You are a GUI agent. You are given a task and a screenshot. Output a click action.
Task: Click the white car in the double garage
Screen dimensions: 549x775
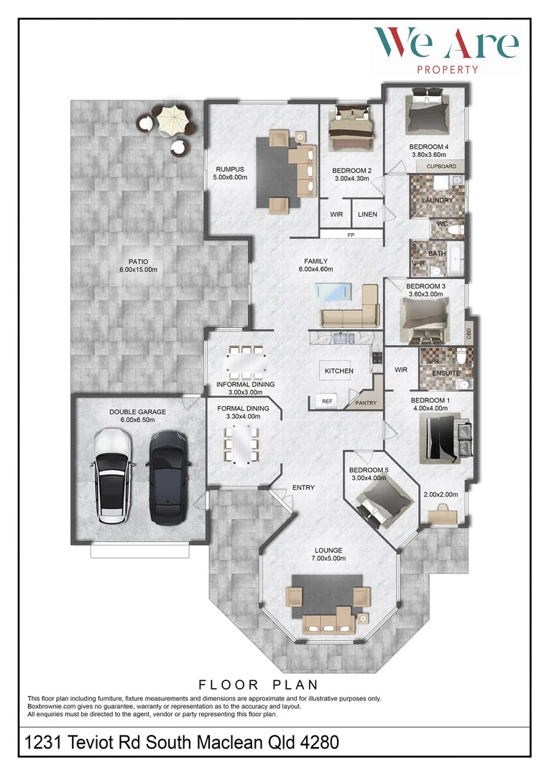112,476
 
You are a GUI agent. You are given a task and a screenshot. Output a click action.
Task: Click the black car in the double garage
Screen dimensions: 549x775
168,478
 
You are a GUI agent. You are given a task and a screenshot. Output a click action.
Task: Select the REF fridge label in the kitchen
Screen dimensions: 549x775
327,401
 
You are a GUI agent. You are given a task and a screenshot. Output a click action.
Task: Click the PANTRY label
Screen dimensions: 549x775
366,403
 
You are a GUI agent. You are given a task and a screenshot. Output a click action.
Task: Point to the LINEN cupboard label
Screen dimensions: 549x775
367,215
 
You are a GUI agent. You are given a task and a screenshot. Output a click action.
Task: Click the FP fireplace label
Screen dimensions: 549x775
351,235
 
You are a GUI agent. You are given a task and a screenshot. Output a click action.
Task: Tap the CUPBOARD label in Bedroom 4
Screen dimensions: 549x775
442,166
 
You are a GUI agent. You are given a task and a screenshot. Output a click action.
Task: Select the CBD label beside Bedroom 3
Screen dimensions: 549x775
469,334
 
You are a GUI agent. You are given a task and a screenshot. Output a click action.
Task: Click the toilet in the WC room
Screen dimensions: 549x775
458,230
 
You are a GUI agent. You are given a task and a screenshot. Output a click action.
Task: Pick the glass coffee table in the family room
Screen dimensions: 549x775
332,291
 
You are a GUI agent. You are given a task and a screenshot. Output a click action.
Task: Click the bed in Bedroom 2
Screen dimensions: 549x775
351,128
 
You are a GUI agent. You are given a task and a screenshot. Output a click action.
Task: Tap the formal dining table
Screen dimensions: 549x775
241,446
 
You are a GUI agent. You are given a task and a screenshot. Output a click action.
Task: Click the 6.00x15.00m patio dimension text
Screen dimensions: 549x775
138,270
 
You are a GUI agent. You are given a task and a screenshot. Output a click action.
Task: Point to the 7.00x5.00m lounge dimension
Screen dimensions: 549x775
328,558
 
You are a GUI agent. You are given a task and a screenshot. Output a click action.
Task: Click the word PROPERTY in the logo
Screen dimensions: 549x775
448,70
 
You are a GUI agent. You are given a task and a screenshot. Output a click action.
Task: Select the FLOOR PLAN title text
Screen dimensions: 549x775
259,685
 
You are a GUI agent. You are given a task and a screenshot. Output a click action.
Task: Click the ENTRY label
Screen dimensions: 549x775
303,488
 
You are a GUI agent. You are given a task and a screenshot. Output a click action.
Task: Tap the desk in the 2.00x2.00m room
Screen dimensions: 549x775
443,515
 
